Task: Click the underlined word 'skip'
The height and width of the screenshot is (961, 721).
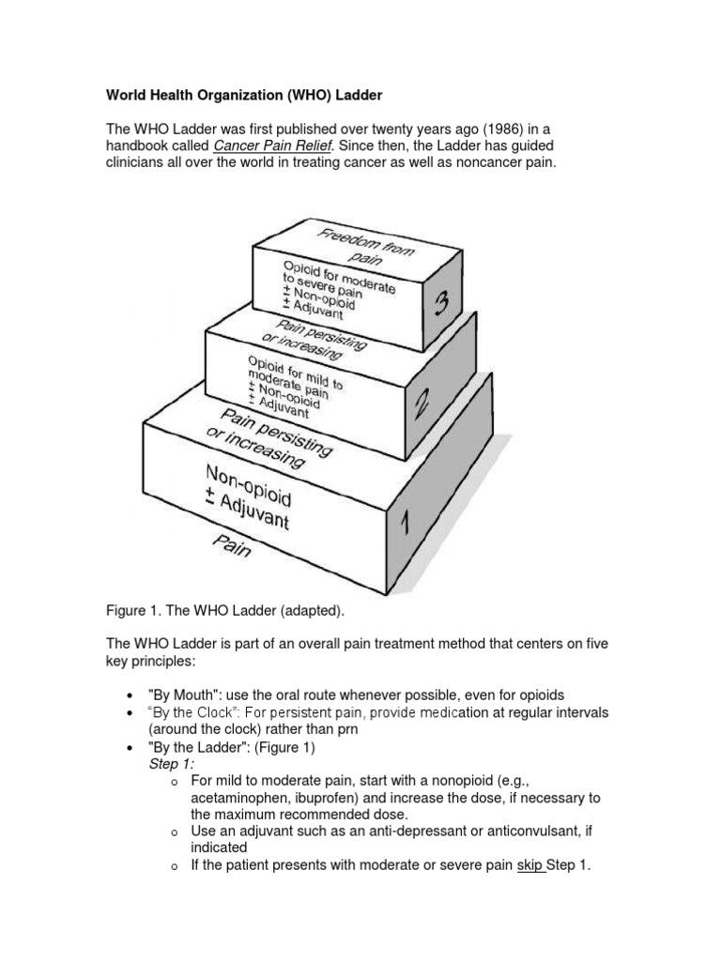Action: coord(529,865)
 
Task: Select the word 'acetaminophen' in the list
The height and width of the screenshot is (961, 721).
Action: coord(238,798)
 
